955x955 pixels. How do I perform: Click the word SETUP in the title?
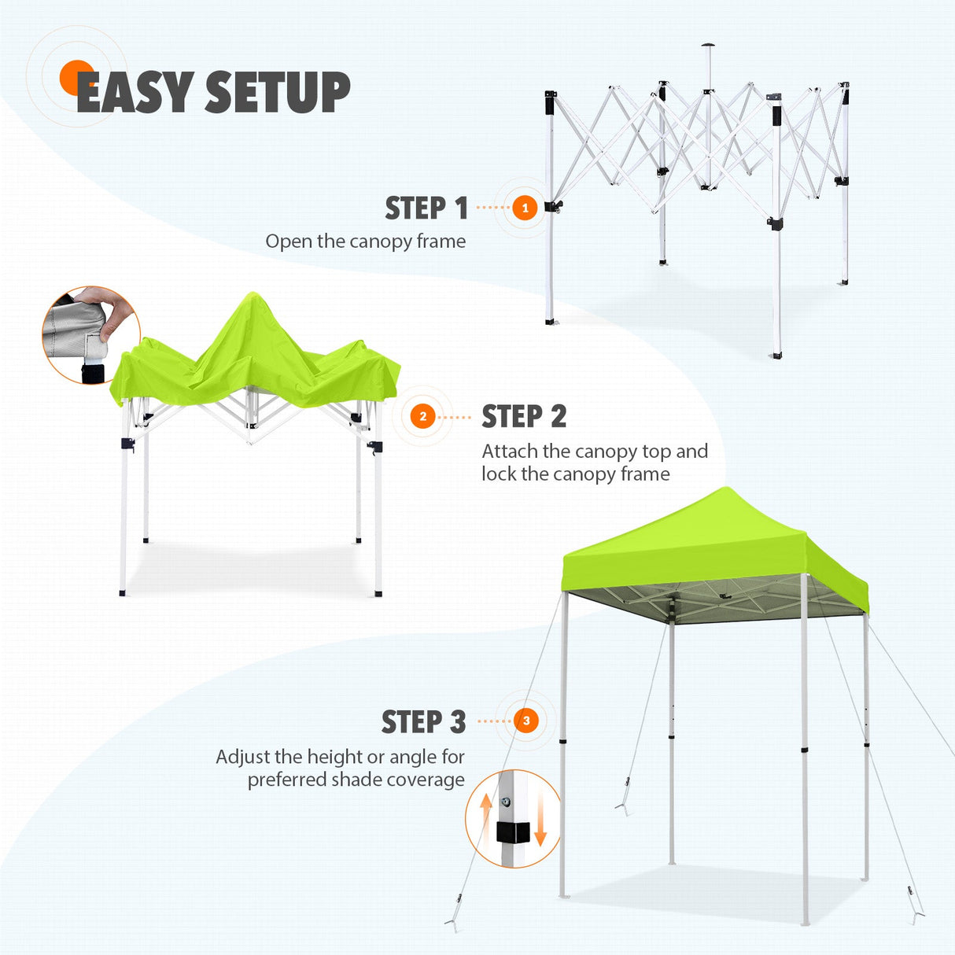pyautogui.click(x=277, y=92)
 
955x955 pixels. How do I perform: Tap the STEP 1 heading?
pyautogui.click(x=426, y=208)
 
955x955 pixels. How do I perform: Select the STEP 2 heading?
pyautogui.click(x=524, y=417)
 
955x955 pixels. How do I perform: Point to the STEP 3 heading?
pyautogui.click(x=423, y=721)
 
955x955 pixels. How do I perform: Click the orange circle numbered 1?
pyautogui.click(x=525, y=208)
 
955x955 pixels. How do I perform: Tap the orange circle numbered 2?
pyautogui.click(x=423, y=416)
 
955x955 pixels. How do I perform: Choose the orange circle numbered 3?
pyautogui.click(x=526, y=721)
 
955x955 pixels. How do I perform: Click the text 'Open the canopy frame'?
pyautogui.click(x=365, y=242)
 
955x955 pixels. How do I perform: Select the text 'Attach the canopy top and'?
pyautogui.click(x=595, y=452)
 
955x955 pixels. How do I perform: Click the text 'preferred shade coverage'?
pyautogui.click(x=356, y=780)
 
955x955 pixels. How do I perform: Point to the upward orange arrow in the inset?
pyautogui.click(x=486, y=810)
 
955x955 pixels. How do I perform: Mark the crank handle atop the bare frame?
pyautogui.click(x=708, y=46)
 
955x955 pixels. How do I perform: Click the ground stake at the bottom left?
pyautogui.click(x=454, y=920)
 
